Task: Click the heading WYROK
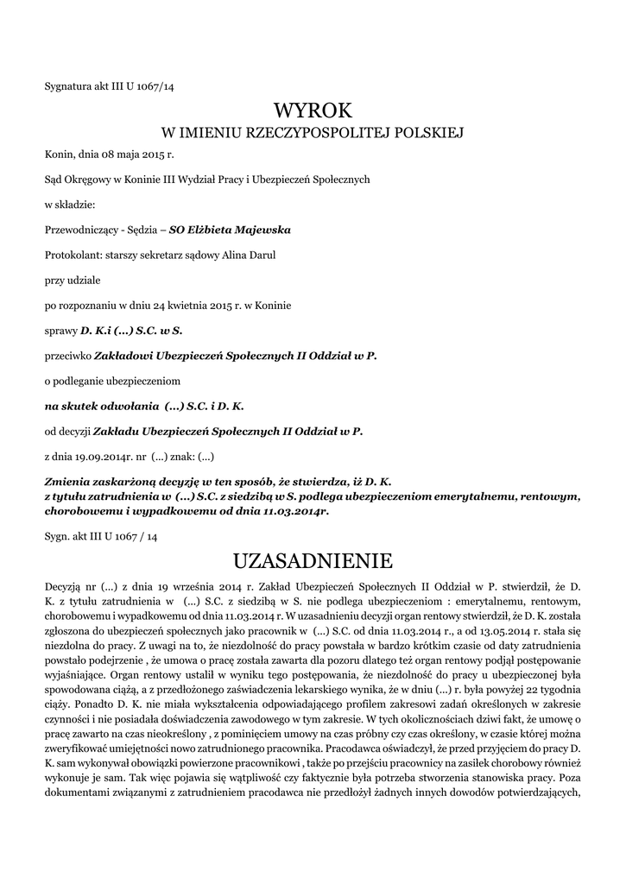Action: [313, 110]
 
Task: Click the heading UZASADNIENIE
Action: [313, 561]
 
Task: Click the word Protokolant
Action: [72, 256]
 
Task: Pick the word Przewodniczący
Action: [80, 230]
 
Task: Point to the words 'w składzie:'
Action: [70, 205]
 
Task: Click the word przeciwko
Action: [66, 355]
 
